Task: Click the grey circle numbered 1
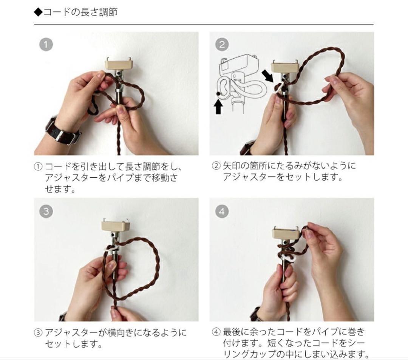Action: (x=46, y=45)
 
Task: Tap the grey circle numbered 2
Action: (x=222, y=45)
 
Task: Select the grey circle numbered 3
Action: (x=46, y=211)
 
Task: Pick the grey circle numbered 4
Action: (x=222, y=211)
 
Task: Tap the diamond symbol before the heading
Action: (x=38, y=12)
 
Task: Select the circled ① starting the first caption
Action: (x=38, y=166)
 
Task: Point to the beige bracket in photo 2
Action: (x=285, y=67)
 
